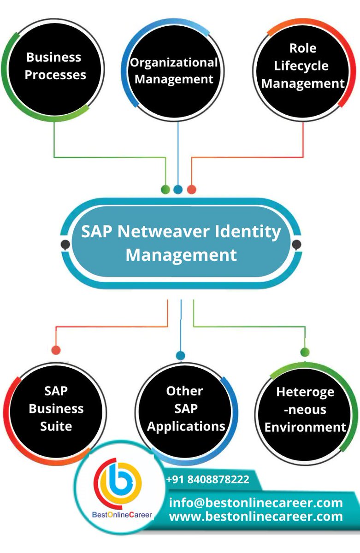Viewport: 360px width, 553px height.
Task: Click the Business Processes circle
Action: [55, 67]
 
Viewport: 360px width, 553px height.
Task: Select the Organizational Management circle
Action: [173, 71]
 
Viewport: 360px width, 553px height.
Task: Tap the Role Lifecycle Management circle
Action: [303, 67]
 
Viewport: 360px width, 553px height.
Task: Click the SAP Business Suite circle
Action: [56, 409]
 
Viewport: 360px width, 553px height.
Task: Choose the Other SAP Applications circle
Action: [185, 409]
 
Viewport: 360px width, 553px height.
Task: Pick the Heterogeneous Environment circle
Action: [305, 410]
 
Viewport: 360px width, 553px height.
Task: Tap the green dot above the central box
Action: [165, 189]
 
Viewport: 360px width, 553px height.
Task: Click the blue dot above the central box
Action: [178, 189]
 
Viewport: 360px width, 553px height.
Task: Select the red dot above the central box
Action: [191, 189]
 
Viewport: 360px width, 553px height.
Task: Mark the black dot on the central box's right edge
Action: [297, 244]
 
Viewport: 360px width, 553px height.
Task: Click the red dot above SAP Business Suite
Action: [56, 350]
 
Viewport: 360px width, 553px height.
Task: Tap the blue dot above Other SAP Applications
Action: [181, 355]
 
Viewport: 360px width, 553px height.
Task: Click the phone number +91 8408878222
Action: [207, 480]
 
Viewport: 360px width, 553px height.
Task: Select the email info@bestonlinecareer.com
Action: [256, 502]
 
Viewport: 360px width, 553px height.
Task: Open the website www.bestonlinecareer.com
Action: [256, 517]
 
